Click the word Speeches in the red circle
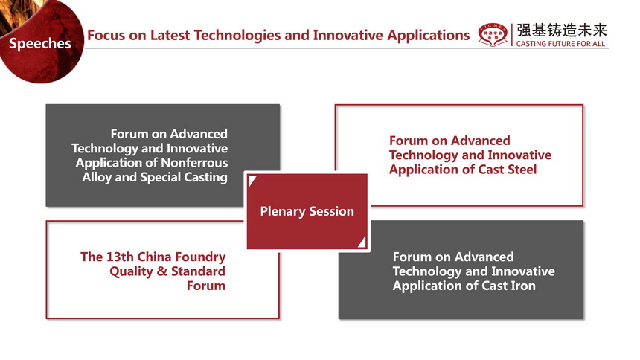40,44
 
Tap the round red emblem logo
493,35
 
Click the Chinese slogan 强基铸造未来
562,30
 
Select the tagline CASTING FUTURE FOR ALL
560,44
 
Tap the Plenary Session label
307,211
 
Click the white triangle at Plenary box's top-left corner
251,180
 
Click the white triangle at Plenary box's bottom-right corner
362,242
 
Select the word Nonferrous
194,163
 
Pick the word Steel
522,170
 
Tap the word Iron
523,286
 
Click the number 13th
120,257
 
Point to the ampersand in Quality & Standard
162,271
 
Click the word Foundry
202,257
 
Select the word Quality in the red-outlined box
131,271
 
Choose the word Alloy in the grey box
97,178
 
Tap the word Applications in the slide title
429,36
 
